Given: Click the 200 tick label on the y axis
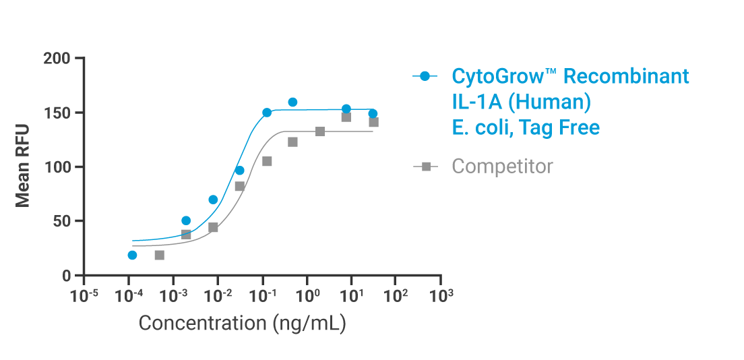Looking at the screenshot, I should [57, 59].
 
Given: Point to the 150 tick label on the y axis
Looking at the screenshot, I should [57, 113].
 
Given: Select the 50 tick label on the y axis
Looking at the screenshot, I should [62, 221].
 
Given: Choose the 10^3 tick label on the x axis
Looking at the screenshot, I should [441, 295].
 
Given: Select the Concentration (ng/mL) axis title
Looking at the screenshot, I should [242, 324].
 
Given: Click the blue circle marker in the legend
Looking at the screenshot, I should [425, 76].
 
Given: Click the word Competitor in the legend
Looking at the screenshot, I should [502, 167].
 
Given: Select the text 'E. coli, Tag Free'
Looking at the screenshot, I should [526, 127].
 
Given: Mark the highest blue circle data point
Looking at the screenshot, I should [292, 102].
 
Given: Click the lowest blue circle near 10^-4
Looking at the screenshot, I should [132, 255].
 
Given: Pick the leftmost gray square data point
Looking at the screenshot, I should [160, 255].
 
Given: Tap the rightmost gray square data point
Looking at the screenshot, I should [373, 122].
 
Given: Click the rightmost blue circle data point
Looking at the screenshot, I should [373, 114].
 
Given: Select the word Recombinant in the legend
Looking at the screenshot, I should [626, 76].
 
